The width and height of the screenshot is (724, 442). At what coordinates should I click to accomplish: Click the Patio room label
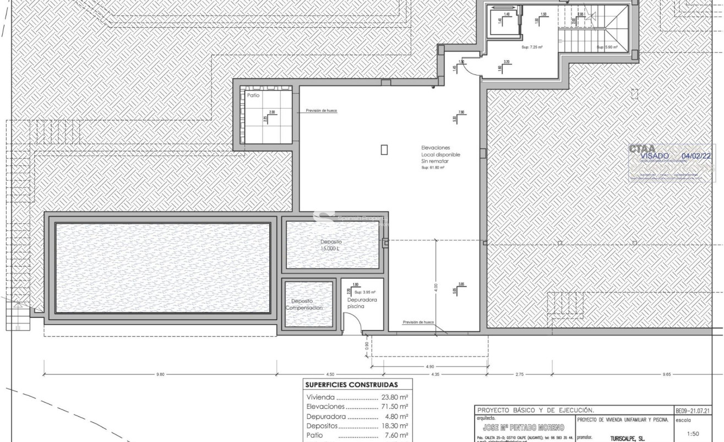253,95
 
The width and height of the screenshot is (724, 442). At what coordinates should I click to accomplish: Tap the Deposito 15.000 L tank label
331,245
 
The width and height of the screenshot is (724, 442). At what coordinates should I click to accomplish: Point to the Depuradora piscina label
362,303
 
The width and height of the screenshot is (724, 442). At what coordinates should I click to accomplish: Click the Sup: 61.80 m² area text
433,167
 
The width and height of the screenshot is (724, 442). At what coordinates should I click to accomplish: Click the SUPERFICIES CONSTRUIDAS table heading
351,385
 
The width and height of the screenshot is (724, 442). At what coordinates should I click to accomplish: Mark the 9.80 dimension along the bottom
160,375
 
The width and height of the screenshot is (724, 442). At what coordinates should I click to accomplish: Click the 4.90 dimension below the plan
430,366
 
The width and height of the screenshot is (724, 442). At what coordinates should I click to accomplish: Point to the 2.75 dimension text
519,375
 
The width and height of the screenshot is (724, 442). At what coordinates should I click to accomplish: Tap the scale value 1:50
694,434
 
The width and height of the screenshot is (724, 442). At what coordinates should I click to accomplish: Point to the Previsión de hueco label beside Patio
321,111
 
